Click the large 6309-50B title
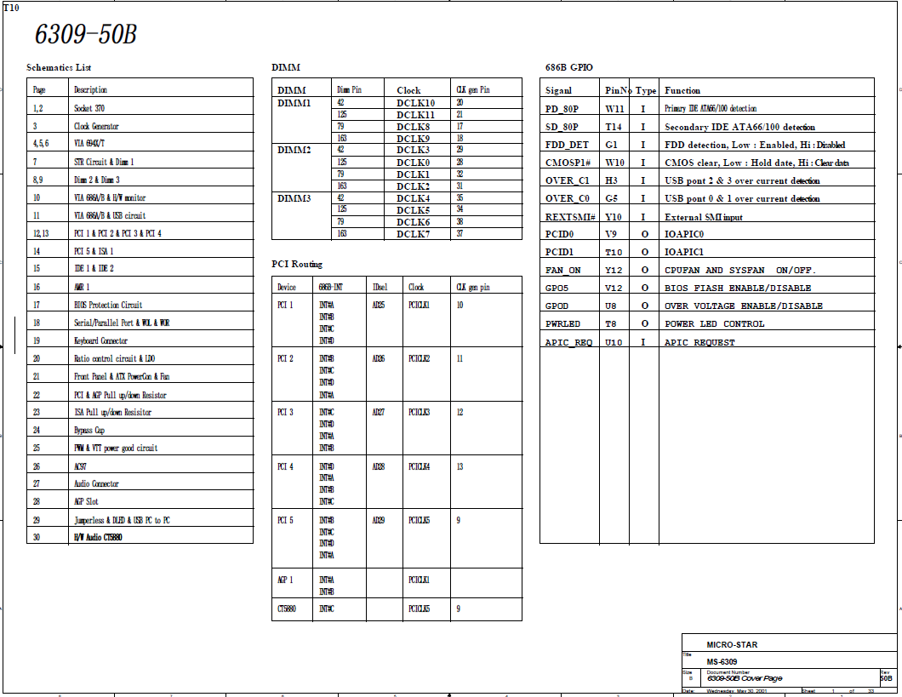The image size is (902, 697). pos(85,34)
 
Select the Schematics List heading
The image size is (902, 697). pos(59,67)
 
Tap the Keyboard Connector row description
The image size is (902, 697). pos(100,340)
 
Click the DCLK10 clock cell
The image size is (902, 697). pos(415,102)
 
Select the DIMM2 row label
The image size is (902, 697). pos(294,150)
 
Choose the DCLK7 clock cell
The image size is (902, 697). pos(413,233)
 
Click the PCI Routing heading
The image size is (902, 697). pos(297,264)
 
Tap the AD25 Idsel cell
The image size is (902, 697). pos(378,305)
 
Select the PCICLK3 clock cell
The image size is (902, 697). pos(419,412)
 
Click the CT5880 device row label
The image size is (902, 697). pos(287,608)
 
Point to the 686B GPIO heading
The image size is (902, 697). pos(569,67)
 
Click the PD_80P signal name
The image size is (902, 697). pos(562,109)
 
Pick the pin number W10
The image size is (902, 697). pos(614,163)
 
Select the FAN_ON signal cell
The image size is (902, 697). pos(563,270)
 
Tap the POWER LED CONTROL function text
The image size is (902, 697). pos(714,323)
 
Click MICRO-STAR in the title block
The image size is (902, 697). pos(732,645)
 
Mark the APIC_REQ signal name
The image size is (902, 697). pos(568,342)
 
